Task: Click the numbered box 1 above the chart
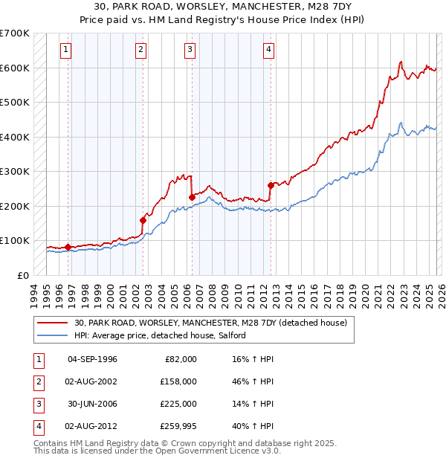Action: pyautogui.click(x=66, y=50)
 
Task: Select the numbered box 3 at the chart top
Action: pyautogui.click(x=190, y=50)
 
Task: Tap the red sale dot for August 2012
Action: pyautogui.click(x=271, y=185)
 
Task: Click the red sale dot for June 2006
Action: pyautogui.click(x=192, y=197)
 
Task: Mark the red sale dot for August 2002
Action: pyautogui.click(x=143, y=220)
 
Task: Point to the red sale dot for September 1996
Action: pyautogui.click(x=68, y=247)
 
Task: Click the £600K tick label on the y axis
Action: pyautogui.click(x=14, y=68)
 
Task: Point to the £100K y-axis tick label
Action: pyautogui.click(x=14, y=241)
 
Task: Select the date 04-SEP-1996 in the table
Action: pyautogui.click(x=92, y=359)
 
